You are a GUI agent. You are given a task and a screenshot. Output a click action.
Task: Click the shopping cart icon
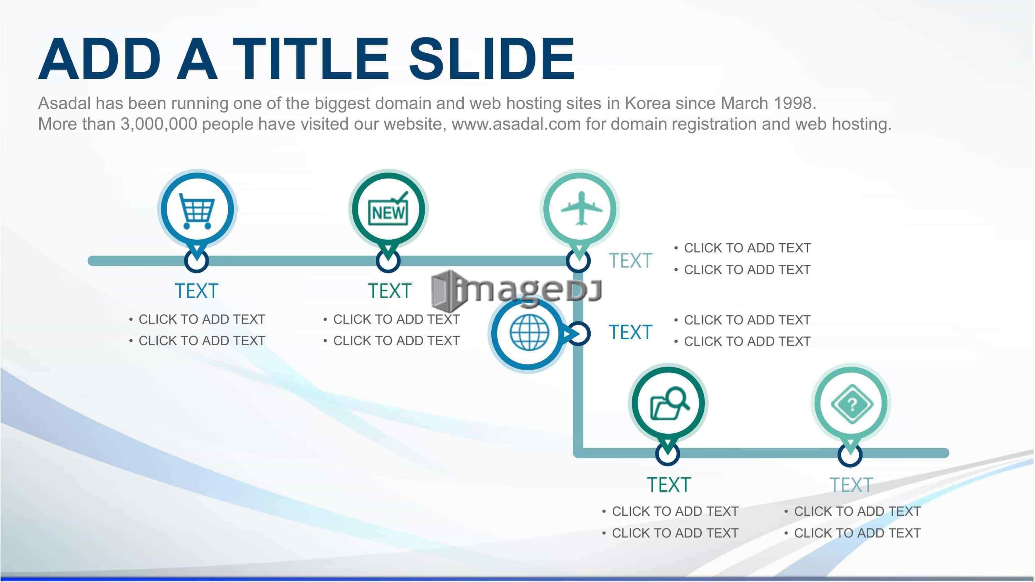point(196,211)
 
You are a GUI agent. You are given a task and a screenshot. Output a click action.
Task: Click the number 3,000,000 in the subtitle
point(159,124)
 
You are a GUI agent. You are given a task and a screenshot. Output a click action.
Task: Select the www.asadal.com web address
point(516,124)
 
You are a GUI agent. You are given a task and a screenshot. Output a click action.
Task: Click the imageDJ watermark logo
point(517,291)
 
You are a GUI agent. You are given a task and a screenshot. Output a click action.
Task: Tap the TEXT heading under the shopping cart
point(196,291)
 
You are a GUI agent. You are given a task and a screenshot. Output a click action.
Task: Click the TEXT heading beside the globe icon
point(630,333)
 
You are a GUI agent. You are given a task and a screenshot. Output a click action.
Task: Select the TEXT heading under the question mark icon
point(851,485)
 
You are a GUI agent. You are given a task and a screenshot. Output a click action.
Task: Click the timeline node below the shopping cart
point(196,261)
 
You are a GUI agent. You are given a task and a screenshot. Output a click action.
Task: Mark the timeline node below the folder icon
point(667,454)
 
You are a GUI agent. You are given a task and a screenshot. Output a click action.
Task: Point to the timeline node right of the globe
point(579,333)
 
